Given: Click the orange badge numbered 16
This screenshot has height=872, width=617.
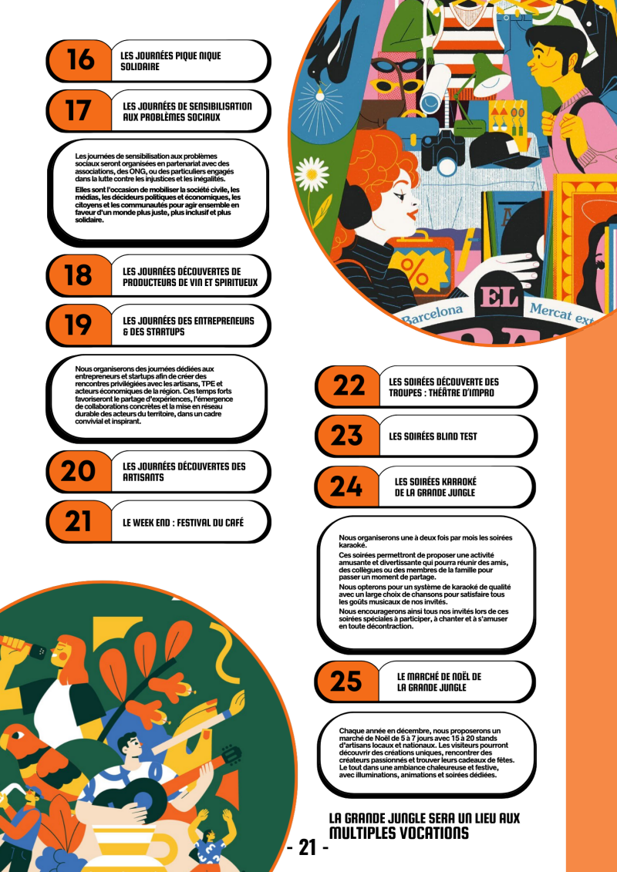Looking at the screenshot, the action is click(x=79, y=61).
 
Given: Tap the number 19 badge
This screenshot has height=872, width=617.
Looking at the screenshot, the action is click(x=79, y=325).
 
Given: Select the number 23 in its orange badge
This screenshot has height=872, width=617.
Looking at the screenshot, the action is click(x=348, y=436).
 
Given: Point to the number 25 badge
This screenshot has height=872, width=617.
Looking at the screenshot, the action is click(x=348, y=682).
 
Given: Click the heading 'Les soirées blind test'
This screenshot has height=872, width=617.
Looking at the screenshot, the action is click(x=433, y=436).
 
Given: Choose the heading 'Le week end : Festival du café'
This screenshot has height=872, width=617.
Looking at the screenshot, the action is click(x=183, y=523).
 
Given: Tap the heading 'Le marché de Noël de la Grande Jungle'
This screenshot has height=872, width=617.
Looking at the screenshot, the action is click(x=439, y=682).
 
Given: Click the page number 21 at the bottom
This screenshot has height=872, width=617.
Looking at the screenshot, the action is click(x=308, y=847).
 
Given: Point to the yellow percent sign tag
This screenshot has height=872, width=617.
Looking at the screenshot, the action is click(x=416, y=269).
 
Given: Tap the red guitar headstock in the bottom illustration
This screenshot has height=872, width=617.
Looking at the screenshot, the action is click(x=231, y=756).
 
